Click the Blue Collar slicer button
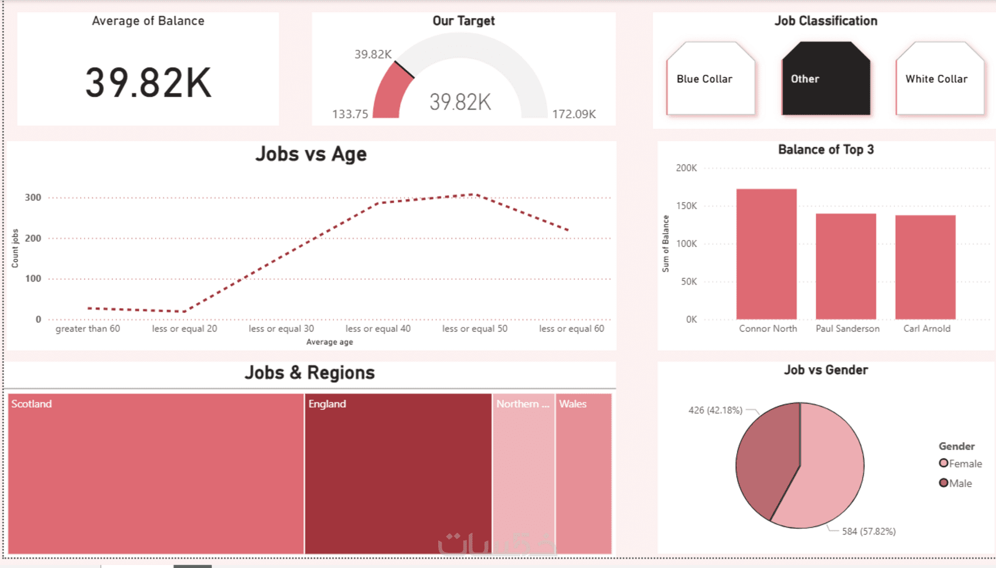click(x=710, y=79)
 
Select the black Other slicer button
click(x=826, y=79)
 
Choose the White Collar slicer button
click(x=939, y=79)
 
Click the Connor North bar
click(x=766, y=254)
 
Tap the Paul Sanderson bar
click(x=845, y=266)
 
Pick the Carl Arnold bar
click(x=925, y=267)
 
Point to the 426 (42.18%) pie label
click(x=715, y=410)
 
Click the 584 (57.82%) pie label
click(x=869, y=531)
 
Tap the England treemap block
click(x=398, y=473)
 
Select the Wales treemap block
click(x=583, y=473)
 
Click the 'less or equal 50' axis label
click(x=475, y=329)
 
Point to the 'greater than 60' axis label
click(x=88, y=329)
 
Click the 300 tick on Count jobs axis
click(x=33, y=197)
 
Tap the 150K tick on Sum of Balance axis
click(x=686, y=206)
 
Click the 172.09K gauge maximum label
click(x=574, y=114)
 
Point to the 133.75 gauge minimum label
click(x=350, y=114)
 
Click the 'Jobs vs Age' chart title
click(x=311, y=154)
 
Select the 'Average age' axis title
click(x=329, y=342)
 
